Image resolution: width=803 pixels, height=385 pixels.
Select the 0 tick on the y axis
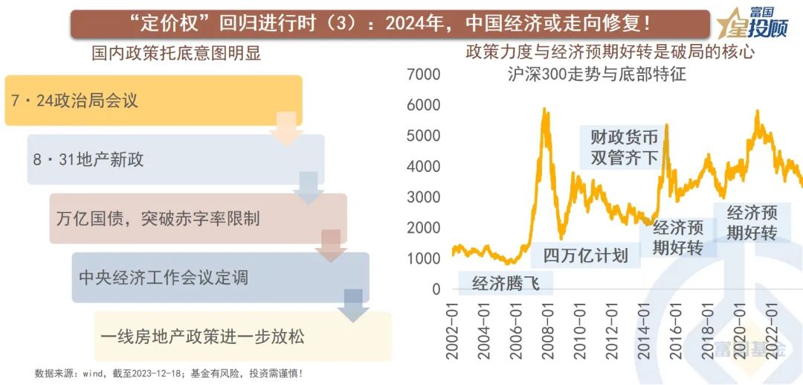tap(436, 289)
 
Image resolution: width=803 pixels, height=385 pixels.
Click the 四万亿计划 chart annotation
tap(585, 255)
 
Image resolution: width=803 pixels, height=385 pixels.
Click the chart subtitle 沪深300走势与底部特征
tap(596, 74)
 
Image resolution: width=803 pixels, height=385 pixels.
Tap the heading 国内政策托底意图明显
tap(176, 54)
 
